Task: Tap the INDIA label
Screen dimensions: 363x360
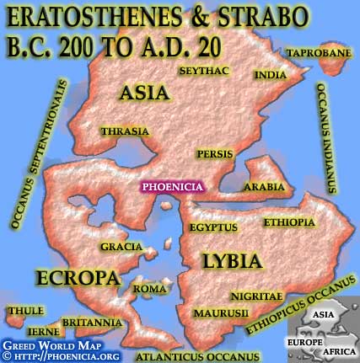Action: point(269,74)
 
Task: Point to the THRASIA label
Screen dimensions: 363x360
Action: point(124,131)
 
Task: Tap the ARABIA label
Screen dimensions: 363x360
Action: point(261,186)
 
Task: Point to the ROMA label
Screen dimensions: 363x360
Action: point(150,289)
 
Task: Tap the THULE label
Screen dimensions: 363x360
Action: point(25,312)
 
